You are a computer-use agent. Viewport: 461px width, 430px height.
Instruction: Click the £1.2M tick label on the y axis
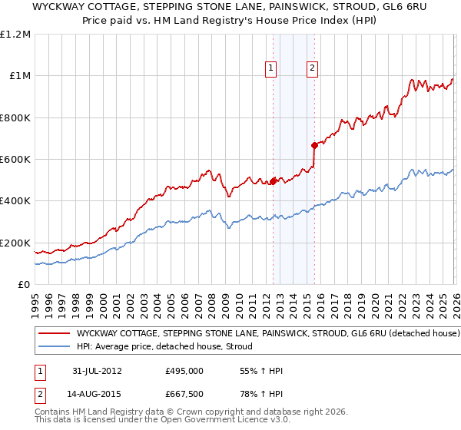pyautogui.click(x=15, y=35)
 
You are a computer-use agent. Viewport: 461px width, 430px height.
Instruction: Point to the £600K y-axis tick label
pyautogui.click(x=15, y=160)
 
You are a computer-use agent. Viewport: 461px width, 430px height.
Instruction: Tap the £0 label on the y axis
pyautogui.click(x=25, y=285)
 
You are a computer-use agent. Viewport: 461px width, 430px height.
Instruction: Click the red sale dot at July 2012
pyautogui.click(x=273, y=181)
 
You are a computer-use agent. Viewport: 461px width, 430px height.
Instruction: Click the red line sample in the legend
pyautogui.click(x=54, y=334)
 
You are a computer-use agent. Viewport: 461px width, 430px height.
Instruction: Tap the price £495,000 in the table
pyautogui.click(x=184, y=371)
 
